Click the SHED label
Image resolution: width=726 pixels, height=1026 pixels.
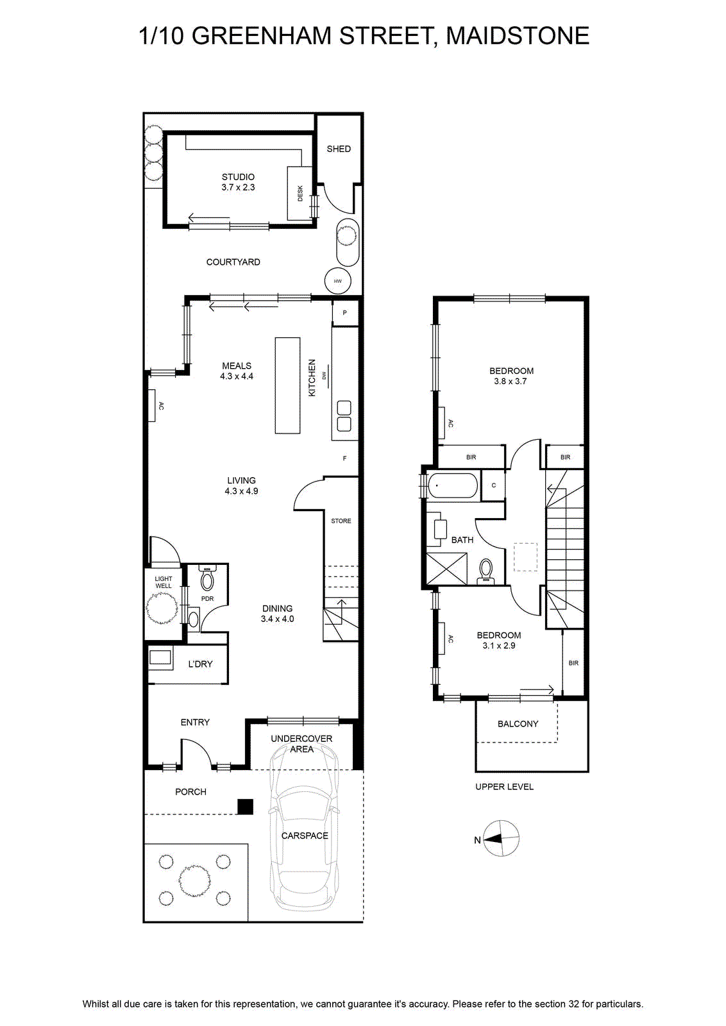point(339,149)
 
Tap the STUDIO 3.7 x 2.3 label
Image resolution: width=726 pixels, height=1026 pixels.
point(238,182)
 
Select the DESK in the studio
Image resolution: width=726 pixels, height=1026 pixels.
point(300,193)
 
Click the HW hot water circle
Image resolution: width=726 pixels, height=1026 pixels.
point(338,281)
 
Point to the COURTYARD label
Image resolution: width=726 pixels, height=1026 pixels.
point(233,262)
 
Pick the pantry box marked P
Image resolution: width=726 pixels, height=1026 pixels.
point(345,314)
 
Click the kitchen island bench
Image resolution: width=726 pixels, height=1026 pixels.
point(288,385)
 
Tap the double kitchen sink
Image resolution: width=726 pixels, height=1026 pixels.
point(344,416)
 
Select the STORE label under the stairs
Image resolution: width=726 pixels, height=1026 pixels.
point(341,521)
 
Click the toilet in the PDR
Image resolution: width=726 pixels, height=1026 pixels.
point(208,578)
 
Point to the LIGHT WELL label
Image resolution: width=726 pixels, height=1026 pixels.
point(164,582)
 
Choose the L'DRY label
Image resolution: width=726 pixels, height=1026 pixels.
point(201,664)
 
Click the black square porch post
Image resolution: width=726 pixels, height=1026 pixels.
point(246,820)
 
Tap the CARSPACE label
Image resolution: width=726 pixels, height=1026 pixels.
point(305,836)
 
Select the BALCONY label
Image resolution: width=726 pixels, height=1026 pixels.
point(518,724)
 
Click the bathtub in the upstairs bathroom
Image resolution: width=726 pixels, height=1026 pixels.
point(453,485)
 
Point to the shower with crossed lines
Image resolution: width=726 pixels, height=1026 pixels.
point(447,569)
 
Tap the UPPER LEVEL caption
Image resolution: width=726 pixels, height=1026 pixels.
point(504,787)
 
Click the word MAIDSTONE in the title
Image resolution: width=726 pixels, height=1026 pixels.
point(518,36)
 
